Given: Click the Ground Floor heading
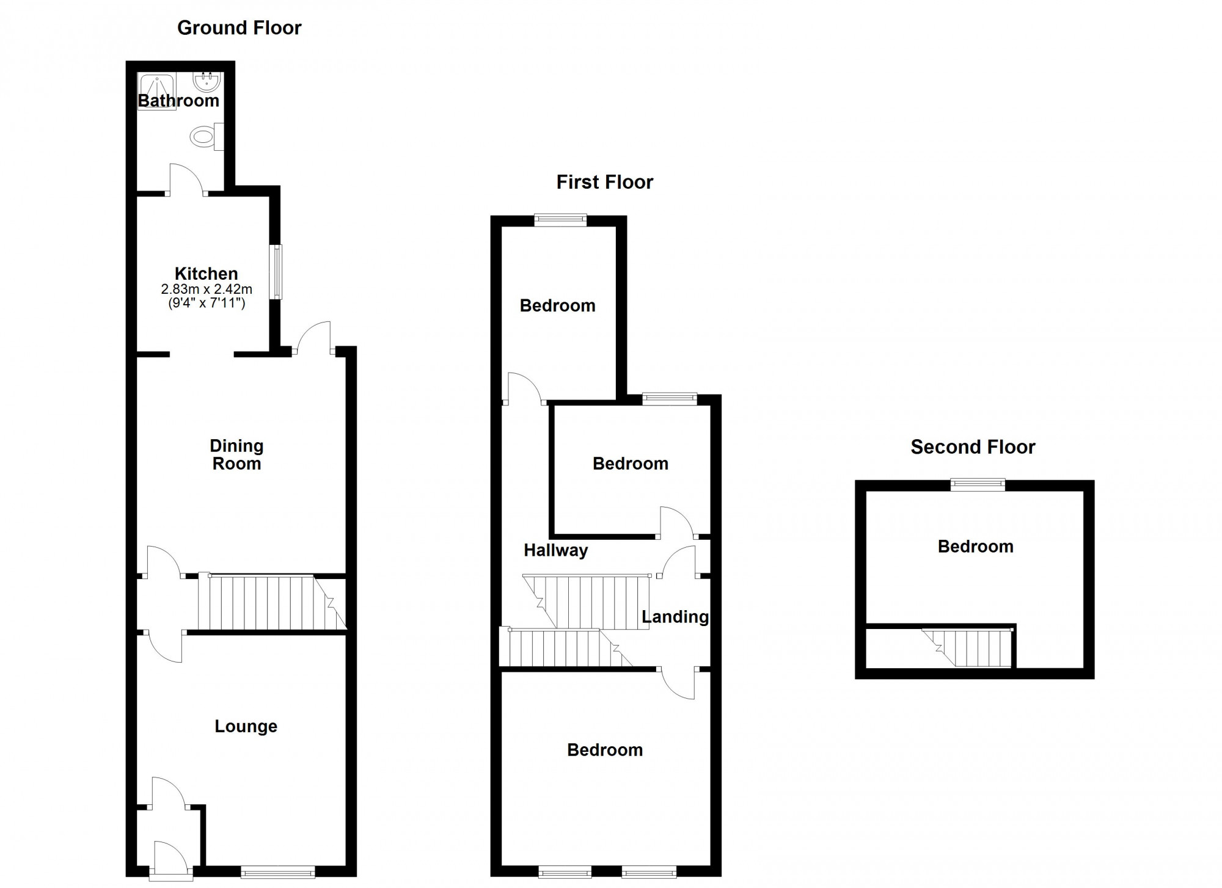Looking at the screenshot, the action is [x=239, y=28].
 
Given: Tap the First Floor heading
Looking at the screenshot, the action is [x=604, y=182].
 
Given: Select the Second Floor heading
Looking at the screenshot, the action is [x=973, y=447].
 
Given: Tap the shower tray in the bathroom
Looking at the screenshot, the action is [x=157, y=90].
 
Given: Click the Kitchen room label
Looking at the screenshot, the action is [x=206, y=274].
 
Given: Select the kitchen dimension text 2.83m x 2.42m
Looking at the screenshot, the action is [x=207, y=289].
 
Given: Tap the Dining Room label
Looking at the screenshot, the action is [x=236, y=454].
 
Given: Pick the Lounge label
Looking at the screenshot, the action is [x=246, y=726].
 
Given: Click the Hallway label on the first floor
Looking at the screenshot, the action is [x=555, y=550].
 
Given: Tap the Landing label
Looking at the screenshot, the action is [x=675, y=617].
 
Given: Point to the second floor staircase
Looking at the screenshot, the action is [x=968, y=647].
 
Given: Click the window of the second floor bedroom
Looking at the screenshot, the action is [x=978, y=485].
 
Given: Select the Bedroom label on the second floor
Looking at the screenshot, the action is [x=975, y=547].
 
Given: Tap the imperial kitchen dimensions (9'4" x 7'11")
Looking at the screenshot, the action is [x=207, y=302].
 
